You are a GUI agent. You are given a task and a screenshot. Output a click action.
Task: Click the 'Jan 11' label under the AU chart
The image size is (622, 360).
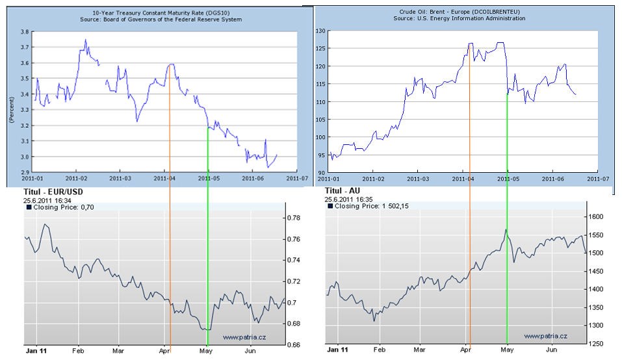(x=337, y=350)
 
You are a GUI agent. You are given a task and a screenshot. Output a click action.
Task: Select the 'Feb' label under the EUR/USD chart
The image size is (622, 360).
(x=77, y=350)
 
